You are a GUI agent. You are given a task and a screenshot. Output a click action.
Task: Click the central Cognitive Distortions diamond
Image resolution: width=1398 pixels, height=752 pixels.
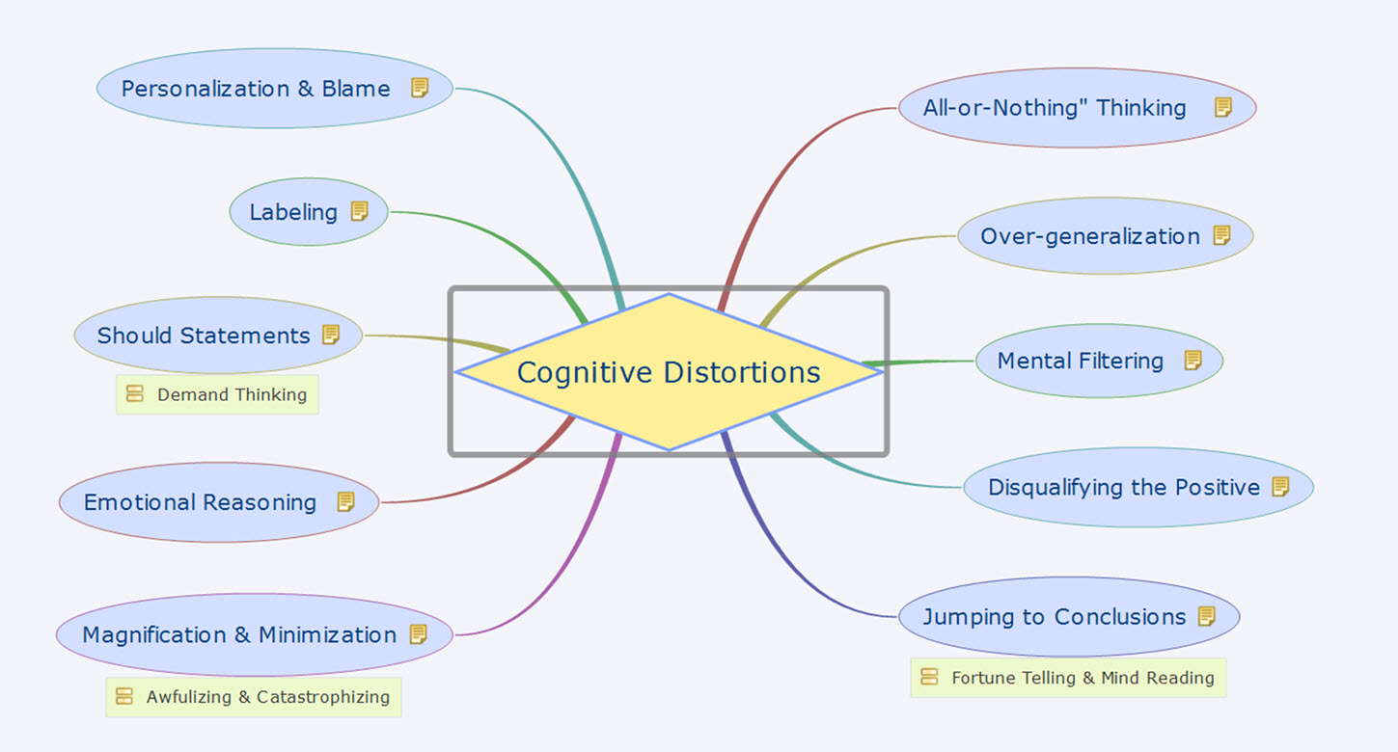coord(669,372)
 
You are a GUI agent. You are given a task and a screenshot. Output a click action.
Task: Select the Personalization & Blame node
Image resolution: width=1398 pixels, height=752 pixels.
coord(256,89)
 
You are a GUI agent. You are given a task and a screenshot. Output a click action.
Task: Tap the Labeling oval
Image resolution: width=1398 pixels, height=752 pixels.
coord(293,212)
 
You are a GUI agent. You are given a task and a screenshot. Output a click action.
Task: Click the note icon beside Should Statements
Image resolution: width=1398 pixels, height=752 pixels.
coord(331,335)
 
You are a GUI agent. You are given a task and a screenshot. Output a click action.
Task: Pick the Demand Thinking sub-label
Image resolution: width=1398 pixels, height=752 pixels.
coord(232,394)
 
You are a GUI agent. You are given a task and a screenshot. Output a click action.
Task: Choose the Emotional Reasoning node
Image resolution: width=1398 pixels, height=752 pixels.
coord(200,502)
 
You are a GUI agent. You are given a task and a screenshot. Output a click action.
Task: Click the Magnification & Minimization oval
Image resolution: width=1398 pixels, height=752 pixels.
coord(239,634)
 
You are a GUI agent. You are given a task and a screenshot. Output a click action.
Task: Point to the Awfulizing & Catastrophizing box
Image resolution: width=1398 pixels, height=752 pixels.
coord(267,697)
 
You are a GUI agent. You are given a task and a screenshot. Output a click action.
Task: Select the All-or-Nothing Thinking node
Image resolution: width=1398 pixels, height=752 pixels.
coord(1055,108)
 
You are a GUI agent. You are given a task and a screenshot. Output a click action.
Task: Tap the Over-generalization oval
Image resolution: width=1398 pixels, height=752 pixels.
coord(1090,236)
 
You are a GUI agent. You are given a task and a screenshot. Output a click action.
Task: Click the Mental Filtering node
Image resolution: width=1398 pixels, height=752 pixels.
coord(1080,361)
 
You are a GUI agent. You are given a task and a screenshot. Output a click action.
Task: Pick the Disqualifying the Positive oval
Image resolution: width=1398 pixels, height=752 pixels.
coord(1124,487)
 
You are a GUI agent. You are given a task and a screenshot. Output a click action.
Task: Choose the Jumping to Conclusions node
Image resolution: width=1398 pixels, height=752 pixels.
coord(1054,616)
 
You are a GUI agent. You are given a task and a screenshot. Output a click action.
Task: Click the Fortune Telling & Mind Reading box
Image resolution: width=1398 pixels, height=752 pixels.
coord(1083,678)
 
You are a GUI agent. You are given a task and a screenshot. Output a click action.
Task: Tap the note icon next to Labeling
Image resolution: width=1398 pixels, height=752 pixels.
coord(360,211)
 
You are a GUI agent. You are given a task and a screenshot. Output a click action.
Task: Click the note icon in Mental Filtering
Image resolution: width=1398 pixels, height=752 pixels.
coord(1193,361)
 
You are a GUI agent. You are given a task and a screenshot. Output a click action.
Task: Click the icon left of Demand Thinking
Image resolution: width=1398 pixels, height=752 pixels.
coord(135,394)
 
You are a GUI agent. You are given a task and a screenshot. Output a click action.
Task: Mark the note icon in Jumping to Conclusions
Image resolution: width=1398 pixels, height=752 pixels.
coord(1207,616)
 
